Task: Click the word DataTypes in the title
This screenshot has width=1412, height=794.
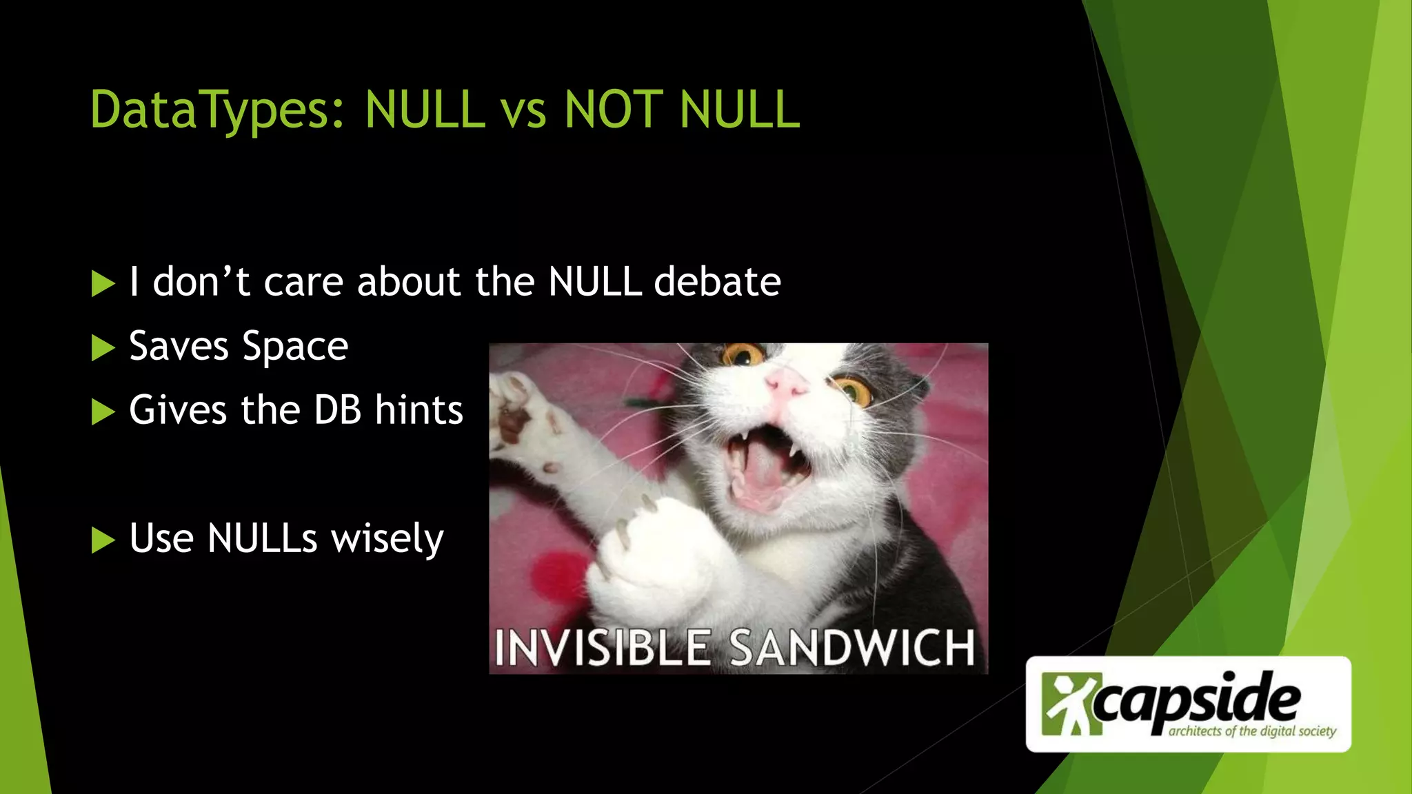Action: [216, 110]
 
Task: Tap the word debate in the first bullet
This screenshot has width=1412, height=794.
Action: [717, 282]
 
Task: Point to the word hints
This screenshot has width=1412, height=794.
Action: [418, 410]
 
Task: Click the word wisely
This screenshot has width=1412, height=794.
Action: [387, 539]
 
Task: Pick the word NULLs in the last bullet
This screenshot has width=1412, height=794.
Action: [262, 538]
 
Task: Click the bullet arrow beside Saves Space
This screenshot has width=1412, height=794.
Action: [103, 348]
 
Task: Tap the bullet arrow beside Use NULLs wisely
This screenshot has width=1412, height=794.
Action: [103, 540]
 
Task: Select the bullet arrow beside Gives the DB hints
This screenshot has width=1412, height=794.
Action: [103, 412]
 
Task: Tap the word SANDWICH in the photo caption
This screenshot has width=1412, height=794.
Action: [852, 648]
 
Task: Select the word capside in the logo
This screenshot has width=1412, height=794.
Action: [1197, 700]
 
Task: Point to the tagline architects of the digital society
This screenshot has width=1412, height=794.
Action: [1252, 731]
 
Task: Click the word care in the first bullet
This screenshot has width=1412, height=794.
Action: [303, 282]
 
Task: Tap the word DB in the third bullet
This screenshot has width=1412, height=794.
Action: [337, 410]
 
